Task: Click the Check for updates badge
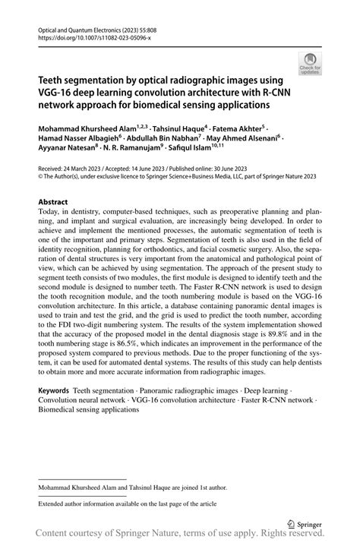(309, 63)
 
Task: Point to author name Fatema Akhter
(234, 130)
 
